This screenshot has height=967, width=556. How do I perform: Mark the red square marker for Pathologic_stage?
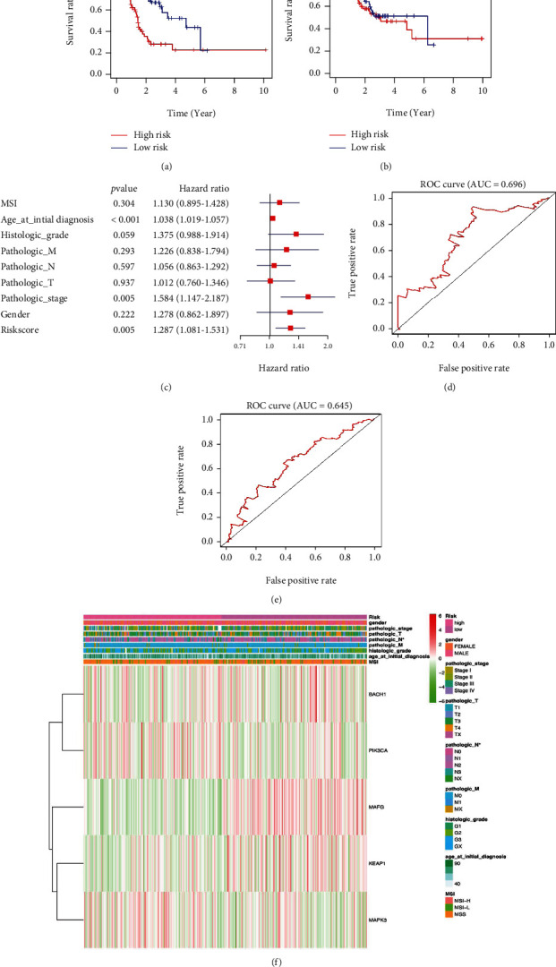click(x=308, y=295)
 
